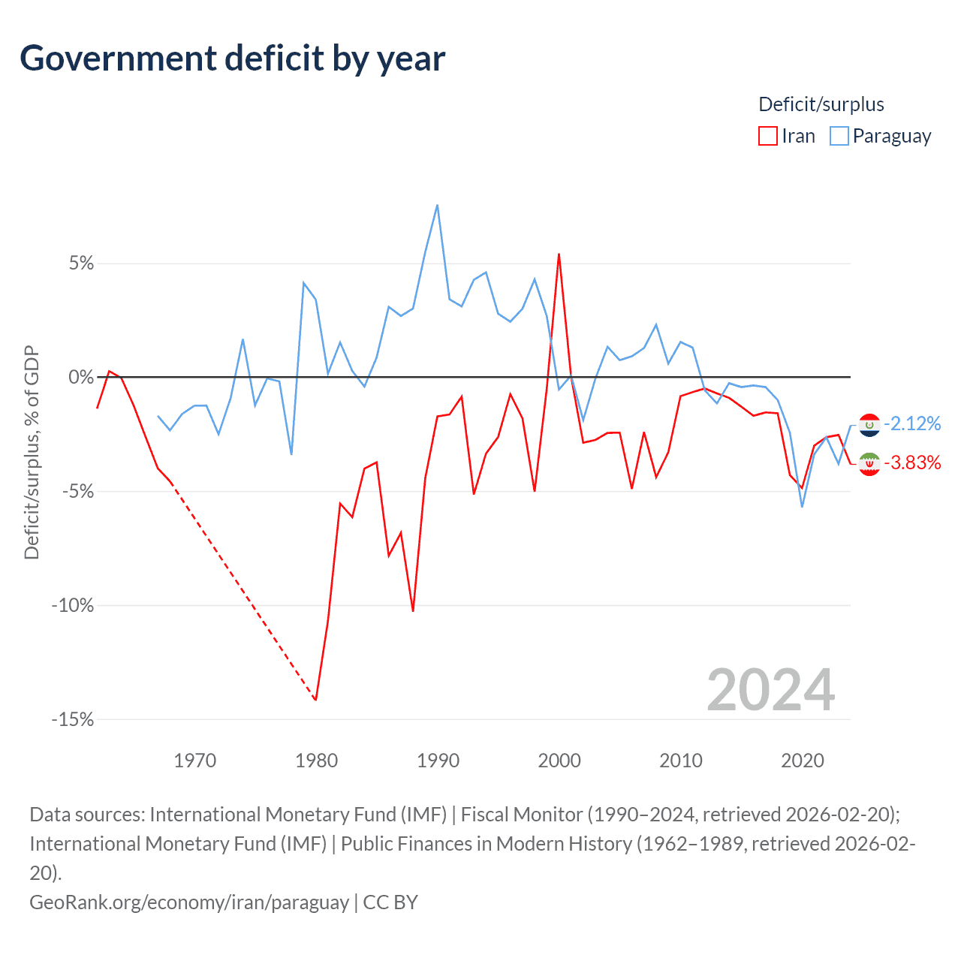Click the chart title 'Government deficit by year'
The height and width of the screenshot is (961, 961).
click(x=233, y=59)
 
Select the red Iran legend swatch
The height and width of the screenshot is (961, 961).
click(x=767, y=136)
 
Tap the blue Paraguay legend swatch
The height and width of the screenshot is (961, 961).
click(x=839, y=136)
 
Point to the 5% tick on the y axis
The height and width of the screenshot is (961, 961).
click(x=81, y=264)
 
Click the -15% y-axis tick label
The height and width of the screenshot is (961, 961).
click(x=73, y=719)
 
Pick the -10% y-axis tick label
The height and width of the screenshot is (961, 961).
click(x=73, y=605)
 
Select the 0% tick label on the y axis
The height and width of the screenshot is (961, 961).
click(x=81, y=377)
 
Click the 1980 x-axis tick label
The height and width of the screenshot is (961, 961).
click(x=316, y=761)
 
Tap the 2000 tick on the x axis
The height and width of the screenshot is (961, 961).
click(x=559, y=761)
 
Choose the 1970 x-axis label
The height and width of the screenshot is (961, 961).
click(x=194, y=761)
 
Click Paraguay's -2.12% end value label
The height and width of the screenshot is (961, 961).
click(x=912, y=423)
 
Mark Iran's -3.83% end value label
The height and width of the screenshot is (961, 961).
click(x=912, y=462)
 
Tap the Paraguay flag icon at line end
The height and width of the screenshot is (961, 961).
click(x=869, y=425)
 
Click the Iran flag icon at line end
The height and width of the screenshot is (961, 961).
click(x=869, y=465)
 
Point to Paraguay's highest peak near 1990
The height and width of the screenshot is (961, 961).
click(x=437, y=205)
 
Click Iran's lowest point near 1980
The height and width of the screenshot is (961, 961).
click(x=316, y=700)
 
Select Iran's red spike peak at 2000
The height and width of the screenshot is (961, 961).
click(x=559, y=254)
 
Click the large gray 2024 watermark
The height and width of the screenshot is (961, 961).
click(x=770, y=690)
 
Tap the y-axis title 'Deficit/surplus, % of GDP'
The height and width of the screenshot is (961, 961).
click(x=32, y=452)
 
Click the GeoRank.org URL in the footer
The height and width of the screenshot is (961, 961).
click(x=189, y=902)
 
